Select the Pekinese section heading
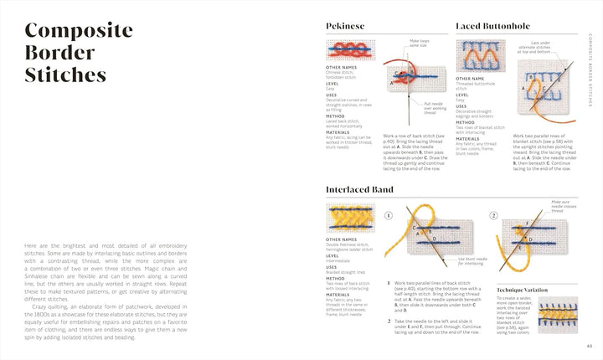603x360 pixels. [345, 27]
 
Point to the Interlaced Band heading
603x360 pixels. [359, 190]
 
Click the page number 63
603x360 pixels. [590, 345]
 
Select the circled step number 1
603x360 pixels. [388, 215]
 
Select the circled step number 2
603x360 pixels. [493, 215]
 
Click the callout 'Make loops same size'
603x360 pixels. [420, 44]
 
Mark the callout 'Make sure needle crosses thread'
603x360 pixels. [559, 206]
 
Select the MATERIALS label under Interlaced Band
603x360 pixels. [339, 295]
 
